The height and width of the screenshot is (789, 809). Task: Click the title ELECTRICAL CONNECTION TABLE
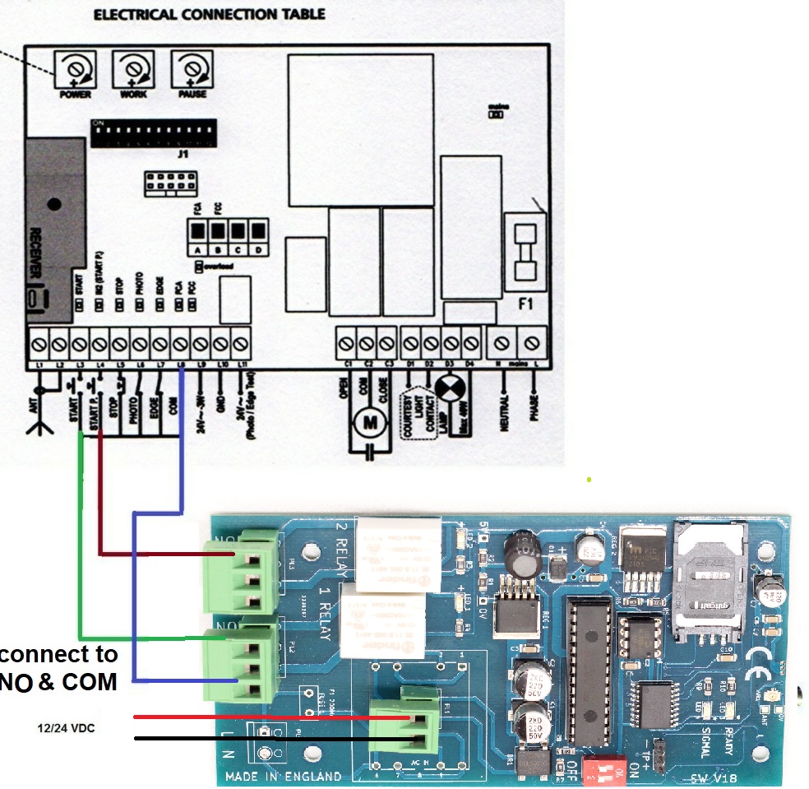tap(208, 14)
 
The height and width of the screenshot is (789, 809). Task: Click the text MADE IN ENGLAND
tap(283, 776)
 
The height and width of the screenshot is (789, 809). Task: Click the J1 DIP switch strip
tap(154, 132)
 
